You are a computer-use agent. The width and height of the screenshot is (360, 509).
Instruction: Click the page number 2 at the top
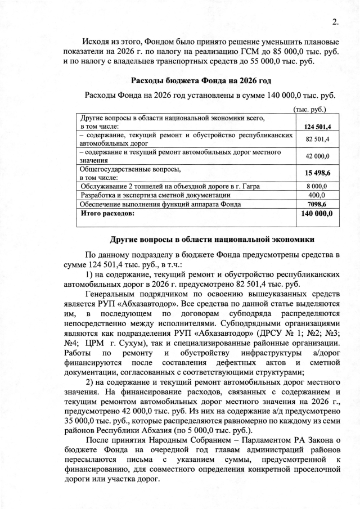point(335,22)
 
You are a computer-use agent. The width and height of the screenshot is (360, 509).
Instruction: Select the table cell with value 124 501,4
point(318,127)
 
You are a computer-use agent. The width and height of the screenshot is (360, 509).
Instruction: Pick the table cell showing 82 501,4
point(318,139)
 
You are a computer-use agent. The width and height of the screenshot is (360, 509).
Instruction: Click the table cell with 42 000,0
point(318,156)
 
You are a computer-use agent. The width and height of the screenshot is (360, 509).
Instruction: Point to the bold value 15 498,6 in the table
point(318,173)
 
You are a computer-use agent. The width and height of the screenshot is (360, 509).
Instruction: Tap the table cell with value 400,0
point(318,195)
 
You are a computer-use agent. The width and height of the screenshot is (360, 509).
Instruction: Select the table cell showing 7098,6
point(318,204)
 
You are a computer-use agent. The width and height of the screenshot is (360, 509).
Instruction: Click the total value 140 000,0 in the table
point(318,214)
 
